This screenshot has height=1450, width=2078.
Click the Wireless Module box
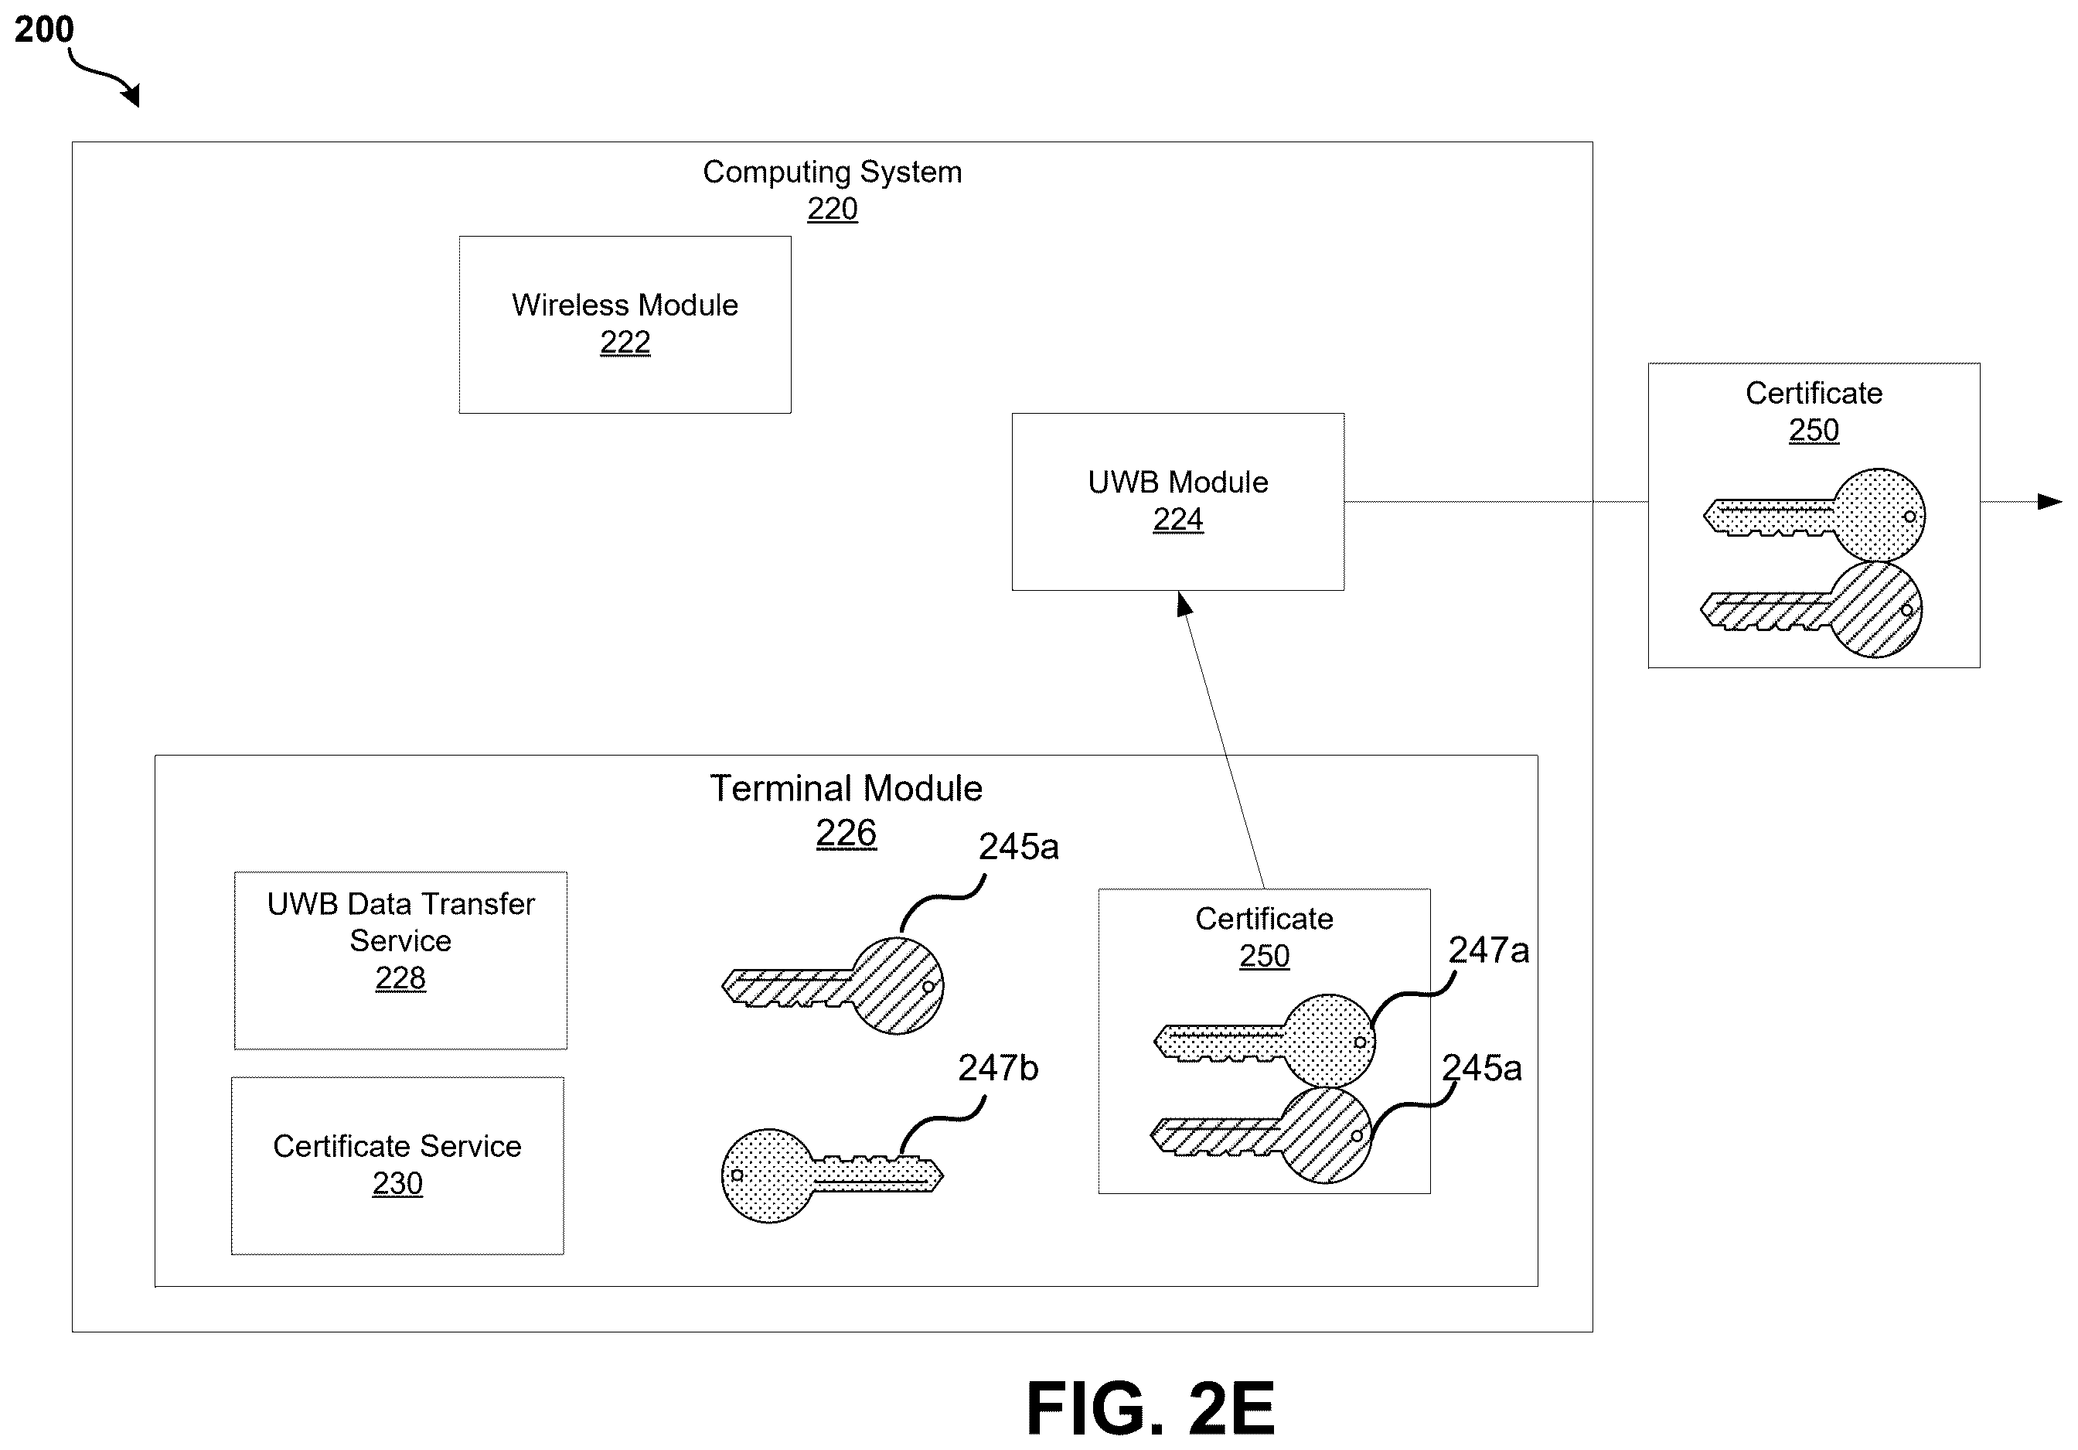[x=625, y=325]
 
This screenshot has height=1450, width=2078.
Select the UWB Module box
[x=1177, y=501]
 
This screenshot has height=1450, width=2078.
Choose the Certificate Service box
[x=397, y=1165]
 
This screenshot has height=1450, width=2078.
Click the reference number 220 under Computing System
[x=833, y=209]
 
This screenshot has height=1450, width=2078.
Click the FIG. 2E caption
[x=1150, y=1408]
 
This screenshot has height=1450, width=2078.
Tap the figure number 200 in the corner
[x=43, y=30]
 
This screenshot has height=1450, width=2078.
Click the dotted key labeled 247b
[x=832, y=1175]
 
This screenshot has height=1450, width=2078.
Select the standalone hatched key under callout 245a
[x=833, y=984]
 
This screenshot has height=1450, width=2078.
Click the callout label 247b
[x=998, y=1068]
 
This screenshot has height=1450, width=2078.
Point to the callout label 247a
[x=1489, y=950]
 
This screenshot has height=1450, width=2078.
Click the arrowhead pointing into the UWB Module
[x=1184, y=604]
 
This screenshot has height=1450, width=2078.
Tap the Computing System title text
[x=833, y=172]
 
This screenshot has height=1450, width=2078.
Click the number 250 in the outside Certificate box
[x=1814, y=430]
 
